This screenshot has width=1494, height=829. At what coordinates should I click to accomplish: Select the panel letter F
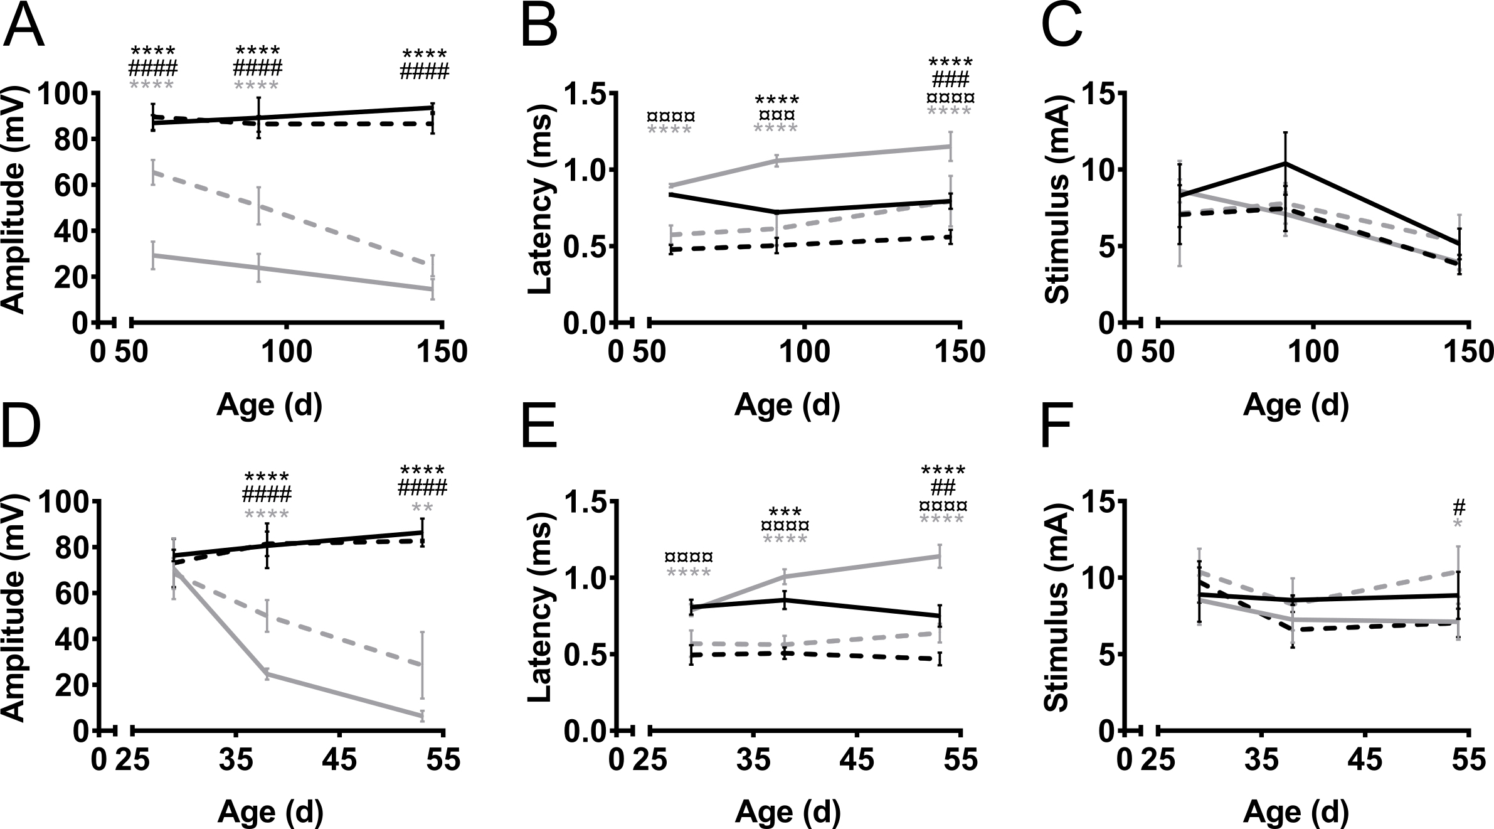pos(1060,429)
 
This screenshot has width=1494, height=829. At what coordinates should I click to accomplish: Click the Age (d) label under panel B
pos(787,405)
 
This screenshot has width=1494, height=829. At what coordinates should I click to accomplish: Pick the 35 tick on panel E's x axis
pos(754,761)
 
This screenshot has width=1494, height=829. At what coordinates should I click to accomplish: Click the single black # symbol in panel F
pos(1458,507)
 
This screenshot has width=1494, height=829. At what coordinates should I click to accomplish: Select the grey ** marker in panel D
pos(422,508)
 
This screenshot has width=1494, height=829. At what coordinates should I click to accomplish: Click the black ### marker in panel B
pos(950,80)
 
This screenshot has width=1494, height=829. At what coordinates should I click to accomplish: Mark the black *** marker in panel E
pos(785,512)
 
